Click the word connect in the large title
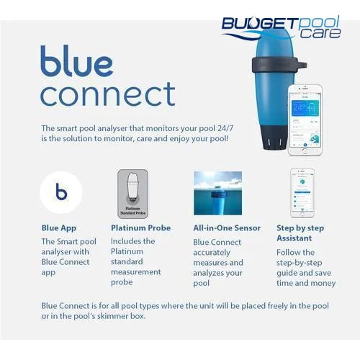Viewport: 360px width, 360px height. point(108,94)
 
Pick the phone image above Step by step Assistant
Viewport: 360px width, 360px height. point(303,193)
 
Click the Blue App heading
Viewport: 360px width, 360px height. point(59,228)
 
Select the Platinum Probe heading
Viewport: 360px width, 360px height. point(140,228)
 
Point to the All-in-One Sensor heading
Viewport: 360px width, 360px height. point(227,228)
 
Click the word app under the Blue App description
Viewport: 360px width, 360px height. point(50,274)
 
